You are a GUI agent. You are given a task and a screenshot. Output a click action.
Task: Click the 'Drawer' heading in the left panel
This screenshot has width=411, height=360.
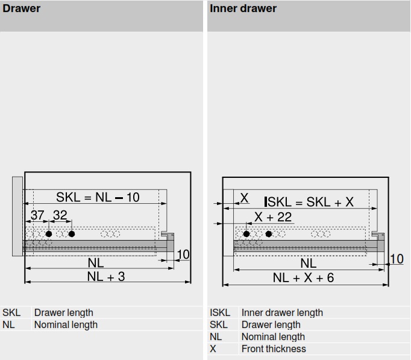point(22,8)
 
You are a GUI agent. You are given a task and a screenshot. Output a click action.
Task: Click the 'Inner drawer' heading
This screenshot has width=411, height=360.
point(243,8)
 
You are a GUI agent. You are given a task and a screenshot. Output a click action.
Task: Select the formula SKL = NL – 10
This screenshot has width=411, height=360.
point(98,197)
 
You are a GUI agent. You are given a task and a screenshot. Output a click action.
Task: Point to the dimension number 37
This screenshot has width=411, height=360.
point(37,215)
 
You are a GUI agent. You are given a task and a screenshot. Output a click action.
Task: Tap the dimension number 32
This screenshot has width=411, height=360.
point(60,215)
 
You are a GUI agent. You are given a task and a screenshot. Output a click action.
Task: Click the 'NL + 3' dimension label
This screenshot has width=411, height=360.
point(106,277)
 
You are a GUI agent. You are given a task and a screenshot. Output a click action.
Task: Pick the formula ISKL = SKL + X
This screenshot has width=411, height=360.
point(309,202)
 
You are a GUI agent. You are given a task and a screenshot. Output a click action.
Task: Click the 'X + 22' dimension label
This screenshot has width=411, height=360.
point(273,217)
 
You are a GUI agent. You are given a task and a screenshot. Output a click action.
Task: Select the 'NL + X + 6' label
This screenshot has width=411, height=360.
point(303,278)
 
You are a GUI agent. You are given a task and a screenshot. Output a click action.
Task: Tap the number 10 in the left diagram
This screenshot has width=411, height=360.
point(183,254)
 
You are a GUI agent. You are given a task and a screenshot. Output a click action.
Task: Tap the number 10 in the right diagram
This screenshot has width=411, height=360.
point(397,259)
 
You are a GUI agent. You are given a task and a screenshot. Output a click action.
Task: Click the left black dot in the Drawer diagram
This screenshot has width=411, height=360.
point(49,233)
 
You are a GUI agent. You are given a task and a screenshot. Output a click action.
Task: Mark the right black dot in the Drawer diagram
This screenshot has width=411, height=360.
point(72,233)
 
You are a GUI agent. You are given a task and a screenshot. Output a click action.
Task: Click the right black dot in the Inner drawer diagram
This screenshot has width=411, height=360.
point(269,234)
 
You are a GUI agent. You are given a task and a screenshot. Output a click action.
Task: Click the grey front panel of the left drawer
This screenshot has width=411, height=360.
point(17,216)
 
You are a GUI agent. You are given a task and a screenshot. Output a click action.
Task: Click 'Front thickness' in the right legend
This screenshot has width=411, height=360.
point(274,349)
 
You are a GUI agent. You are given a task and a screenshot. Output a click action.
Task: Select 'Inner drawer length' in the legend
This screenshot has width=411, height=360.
point(282,312)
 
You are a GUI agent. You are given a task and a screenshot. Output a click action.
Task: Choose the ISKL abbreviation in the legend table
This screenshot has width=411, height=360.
point(219,312)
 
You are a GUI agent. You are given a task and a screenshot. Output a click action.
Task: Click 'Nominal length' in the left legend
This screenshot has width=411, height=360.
point(66,324)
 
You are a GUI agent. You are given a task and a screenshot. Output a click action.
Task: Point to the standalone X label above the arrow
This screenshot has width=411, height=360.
point(244,198)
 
